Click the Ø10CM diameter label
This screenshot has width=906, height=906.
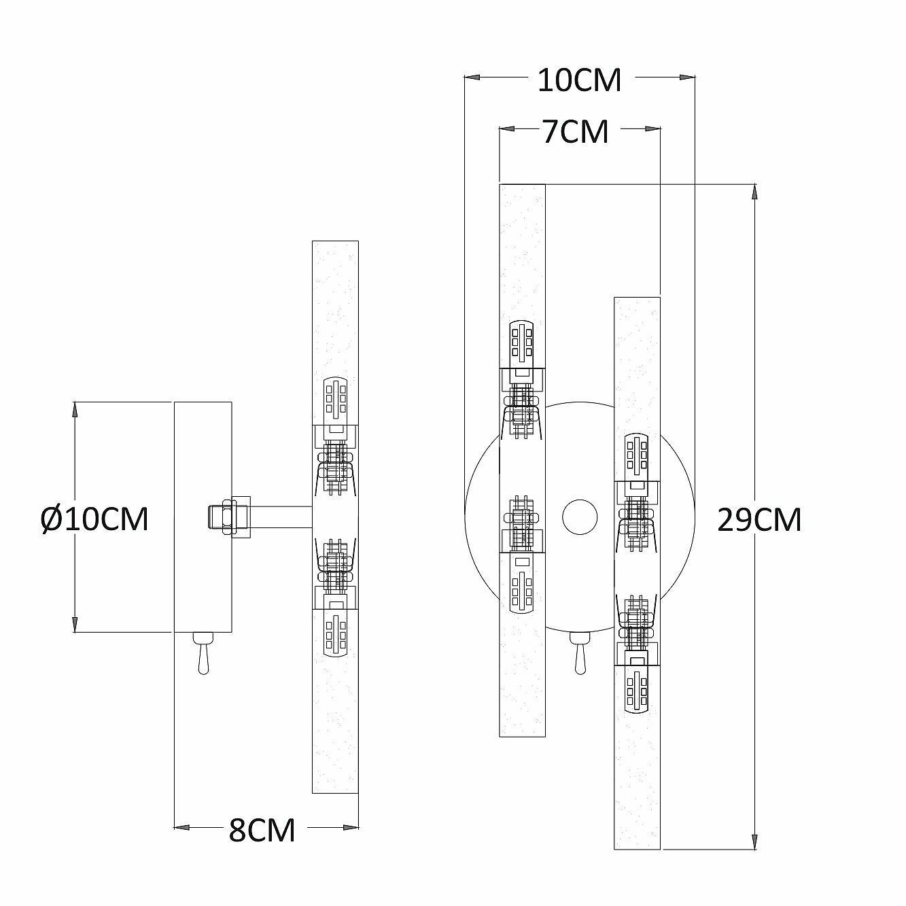[94, 520]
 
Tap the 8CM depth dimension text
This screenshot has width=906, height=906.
[262, 829]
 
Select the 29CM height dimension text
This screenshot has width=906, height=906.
[759, 521]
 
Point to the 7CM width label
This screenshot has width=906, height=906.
[575, 131]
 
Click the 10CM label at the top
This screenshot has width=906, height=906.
[579, 80]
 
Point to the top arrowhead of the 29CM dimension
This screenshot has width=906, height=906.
[755, 191]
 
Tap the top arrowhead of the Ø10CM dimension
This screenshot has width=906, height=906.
[75, 410]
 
